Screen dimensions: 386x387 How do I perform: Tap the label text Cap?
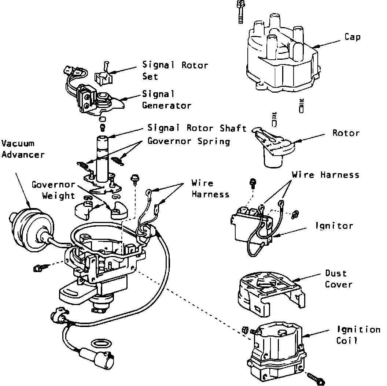point(352,37)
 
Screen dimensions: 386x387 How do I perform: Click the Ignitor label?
point(334,226)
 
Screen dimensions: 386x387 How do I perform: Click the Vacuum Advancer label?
point(23,149)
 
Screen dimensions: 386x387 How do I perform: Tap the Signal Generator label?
point(166,100)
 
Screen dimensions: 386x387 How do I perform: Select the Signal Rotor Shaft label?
point(197,128)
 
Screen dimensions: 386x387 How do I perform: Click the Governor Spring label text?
point(189,141)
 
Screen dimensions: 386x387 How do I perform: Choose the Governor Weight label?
point(54,190)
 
